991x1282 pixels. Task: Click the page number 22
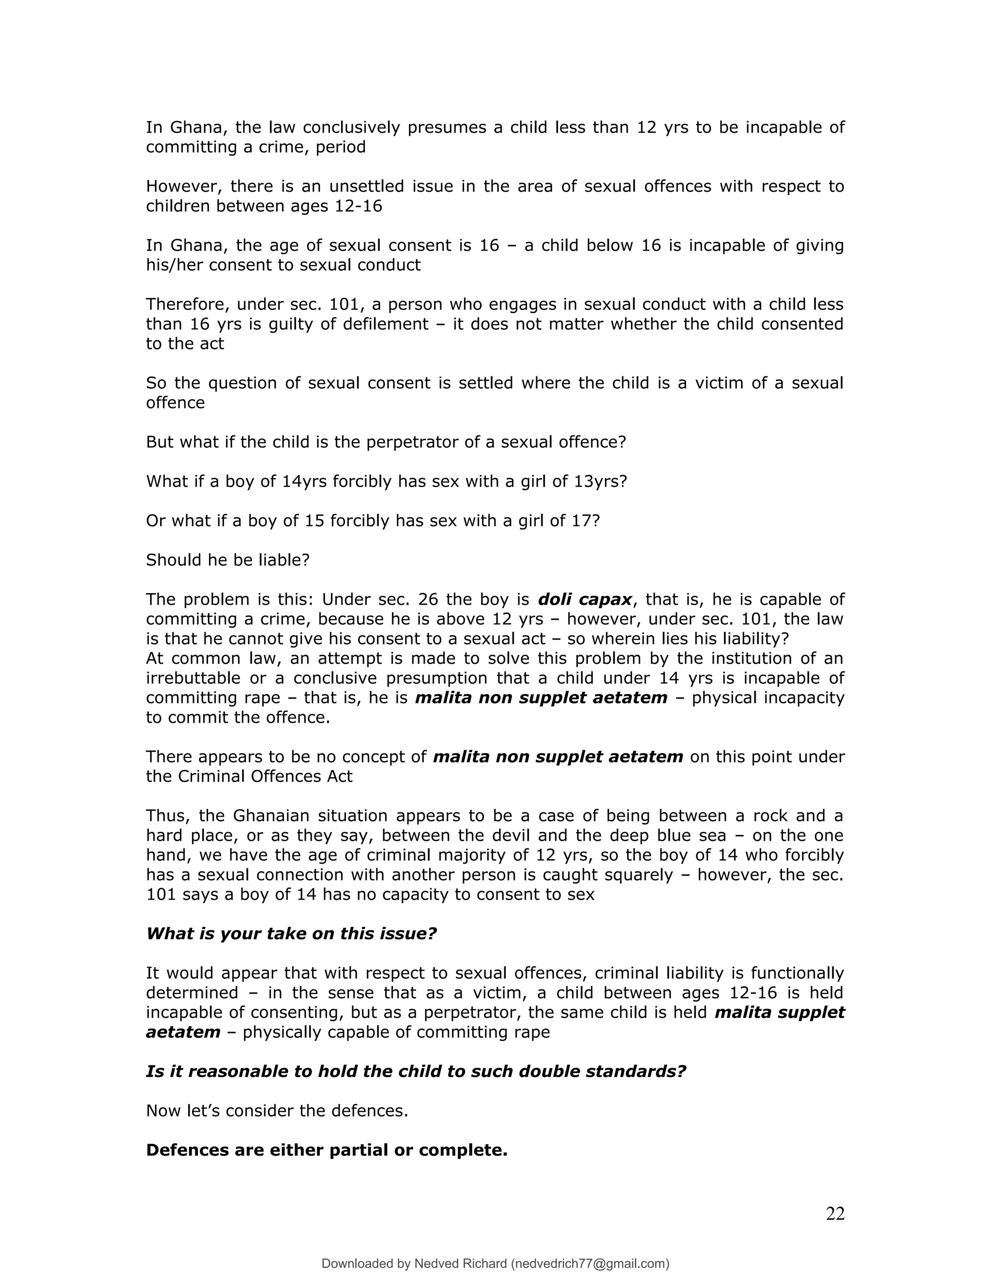835,1213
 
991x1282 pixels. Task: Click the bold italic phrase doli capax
585,599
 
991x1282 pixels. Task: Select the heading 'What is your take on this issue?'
291,933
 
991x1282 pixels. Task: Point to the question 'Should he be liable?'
227,560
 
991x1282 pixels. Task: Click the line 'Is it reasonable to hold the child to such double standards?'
416,1071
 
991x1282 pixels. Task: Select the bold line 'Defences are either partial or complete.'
327,1150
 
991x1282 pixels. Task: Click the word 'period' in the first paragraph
341,147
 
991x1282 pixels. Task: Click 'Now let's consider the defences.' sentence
276,1111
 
